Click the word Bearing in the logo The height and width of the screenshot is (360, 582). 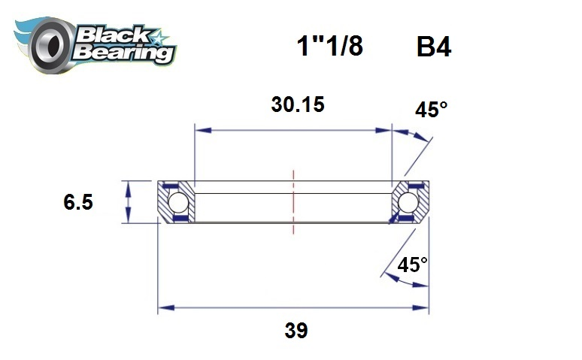125,53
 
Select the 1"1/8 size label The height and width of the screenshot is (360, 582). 329,47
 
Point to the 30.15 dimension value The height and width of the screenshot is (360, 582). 297,104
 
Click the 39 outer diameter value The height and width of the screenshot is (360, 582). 296,331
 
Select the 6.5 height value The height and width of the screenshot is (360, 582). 78,202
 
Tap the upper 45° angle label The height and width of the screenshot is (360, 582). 431,110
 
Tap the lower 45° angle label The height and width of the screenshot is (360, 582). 412,265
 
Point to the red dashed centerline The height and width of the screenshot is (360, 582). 293,202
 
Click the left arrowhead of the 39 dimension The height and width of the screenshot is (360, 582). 163,307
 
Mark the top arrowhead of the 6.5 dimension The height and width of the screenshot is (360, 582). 129,186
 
